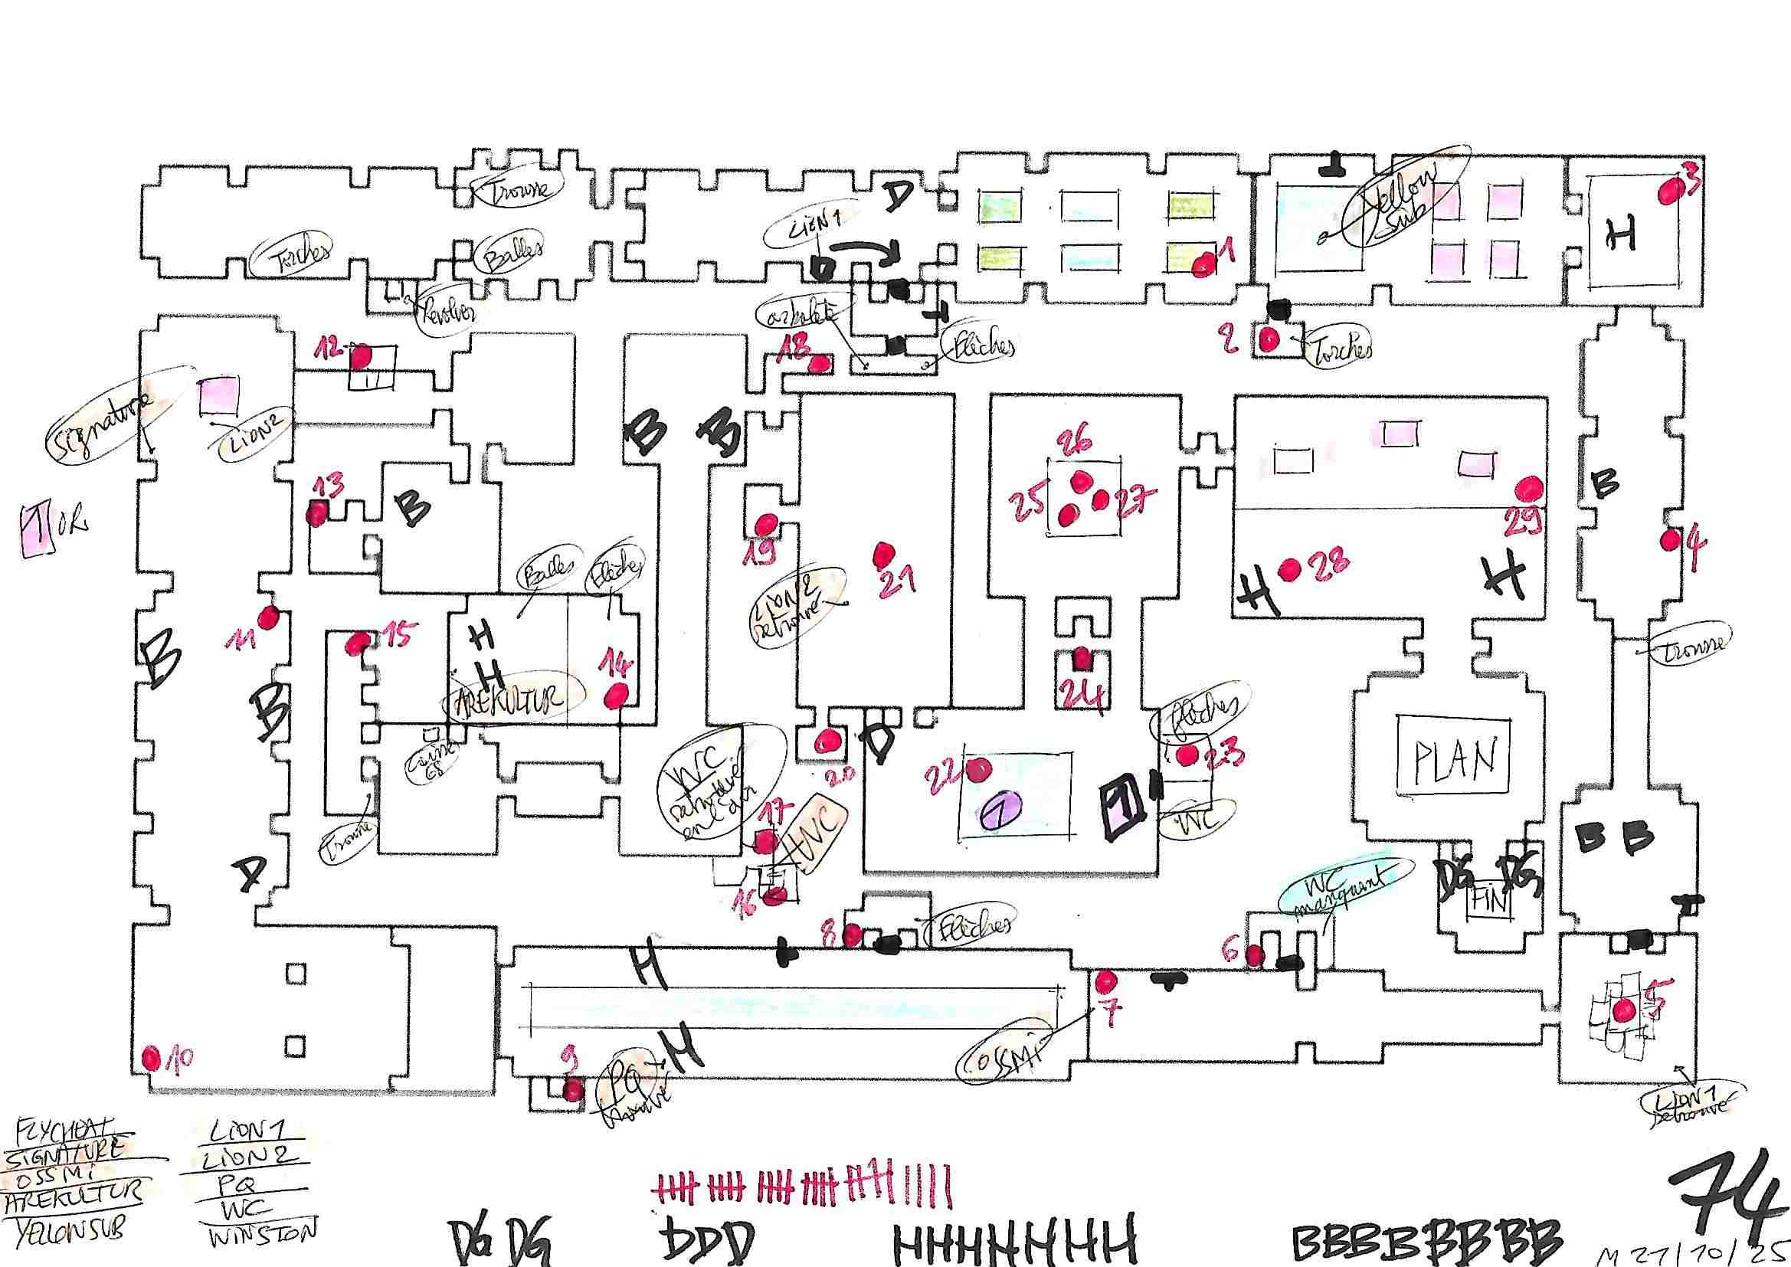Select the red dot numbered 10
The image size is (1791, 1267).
[152, 1059]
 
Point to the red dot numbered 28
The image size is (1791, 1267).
[1288, 569]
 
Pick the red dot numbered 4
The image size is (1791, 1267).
[1670, 539]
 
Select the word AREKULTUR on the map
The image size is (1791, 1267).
[515, 699]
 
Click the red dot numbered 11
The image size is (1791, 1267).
[269, 618]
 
